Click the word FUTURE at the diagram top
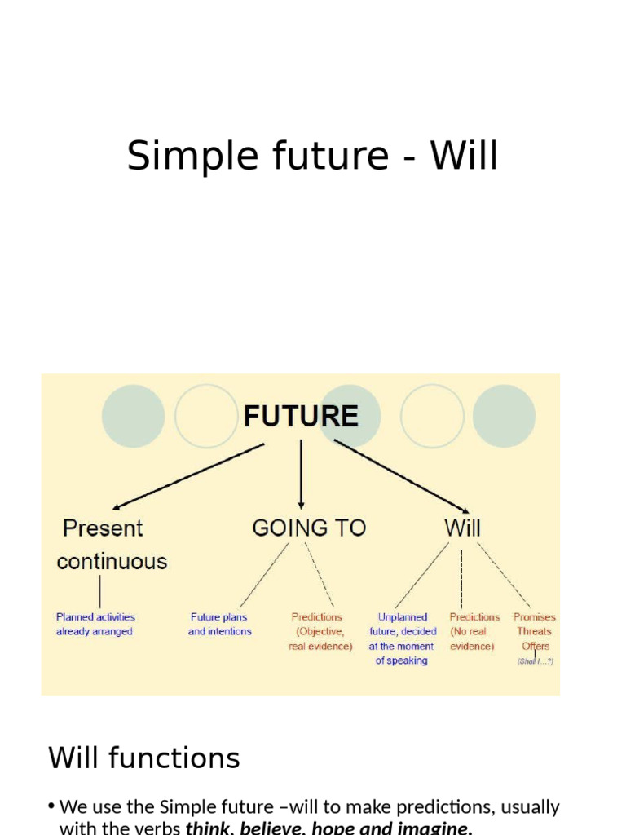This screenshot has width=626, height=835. pos(301,417)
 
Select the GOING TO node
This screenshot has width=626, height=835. pos(309,528)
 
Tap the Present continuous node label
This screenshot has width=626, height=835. pos(111,545)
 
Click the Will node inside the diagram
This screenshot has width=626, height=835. pos(462,528)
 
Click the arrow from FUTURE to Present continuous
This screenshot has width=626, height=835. pos(188,477)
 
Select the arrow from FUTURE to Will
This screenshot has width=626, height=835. pos(403,477)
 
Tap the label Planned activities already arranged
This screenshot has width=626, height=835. pos(95,625)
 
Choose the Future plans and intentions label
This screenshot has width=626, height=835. pos(219,625)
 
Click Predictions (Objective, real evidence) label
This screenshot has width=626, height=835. pos(320,632)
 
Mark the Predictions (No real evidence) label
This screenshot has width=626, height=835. pos(474,632)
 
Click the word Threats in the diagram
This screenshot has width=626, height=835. pos(534,631)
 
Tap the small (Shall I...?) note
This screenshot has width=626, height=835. pos(535,661)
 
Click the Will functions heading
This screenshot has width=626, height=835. pos(144,758)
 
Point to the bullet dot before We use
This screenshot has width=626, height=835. pos(51,807)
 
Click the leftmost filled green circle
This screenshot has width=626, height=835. pos(134,416)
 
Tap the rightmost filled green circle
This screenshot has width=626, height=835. pos(504,416)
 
